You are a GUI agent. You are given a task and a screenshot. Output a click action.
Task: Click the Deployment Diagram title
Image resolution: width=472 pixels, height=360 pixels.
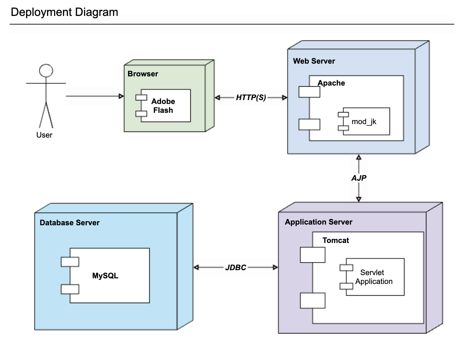(x=64, y=12)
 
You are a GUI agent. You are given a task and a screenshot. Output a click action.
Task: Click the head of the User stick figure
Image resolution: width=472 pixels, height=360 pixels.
(x=46, y=71)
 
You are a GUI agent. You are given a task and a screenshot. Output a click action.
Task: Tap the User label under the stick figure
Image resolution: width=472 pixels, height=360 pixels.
(x=44, y=135)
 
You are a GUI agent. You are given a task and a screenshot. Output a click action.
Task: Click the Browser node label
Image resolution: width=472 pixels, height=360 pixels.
(x=143, y=74)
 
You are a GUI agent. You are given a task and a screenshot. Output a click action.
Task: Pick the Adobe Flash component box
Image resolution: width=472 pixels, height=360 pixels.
(x=166, y=106)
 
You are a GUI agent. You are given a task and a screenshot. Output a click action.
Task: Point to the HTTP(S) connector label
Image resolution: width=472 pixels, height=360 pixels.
(x=251, y=98)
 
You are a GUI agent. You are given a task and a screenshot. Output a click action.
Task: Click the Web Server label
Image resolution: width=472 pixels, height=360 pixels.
(x=314, y=61)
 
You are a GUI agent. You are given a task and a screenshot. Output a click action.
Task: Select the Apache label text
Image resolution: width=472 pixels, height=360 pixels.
(x=331, y=83)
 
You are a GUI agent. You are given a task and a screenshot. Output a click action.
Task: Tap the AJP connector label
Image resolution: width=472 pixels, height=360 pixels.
(x=359, y=178)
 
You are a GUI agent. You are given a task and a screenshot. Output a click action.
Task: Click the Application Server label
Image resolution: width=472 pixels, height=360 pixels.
(x=318, y=222)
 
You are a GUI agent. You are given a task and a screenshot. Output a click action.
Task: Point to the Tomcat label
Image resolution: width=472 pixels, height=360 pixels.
(x=335, y=240)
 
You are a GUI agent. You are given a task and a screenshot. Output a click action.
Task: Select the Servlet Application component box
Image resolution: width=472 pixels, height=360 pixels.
(x=374, y=277)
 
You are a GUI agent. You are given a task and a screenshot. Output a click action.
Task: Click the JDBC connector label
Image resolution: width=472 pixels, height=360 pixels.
(x=236, y=268)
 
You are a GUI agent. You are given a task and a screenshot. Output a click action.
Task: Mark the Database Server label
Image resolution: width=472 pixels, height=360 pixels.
(x=70, y=223)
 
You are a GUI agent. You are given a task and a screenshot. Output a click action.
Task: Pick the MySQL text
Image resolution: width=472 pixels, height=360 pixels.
(x=105, y=276)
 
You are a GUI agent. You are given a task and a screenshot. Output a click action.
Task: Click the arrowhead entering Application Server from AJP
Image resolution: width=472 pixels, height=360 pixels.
(x=359, y=199)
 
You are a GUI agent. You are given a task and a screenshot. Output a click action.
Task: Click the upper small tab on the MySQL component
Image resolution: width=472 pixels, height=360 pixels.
(x=70, y=262)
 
